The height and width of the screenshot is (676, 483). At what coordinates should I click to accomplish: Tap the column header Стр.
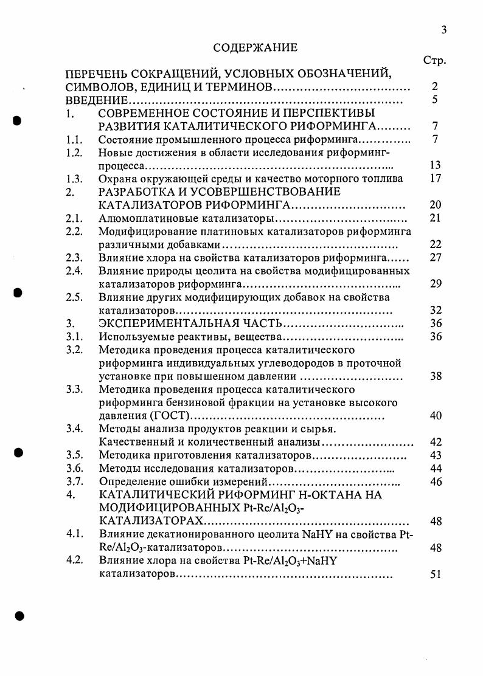tap(434, 60)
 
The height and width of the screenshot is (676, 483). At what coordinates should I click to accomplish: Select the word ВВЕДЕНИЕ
tap(96, 100)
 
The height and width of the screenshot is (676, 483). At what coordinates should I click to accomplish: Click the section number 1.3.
tap(74, 179)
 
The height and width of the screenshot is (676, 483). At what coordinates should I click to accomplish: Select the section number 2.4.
tap(74, 271)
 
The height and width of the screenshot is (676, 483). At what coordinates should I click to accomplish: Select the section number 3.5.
tap(74, 455)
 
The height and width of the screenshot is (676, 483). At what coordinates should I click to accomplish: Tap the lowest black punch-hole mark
tap(19, 615)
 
